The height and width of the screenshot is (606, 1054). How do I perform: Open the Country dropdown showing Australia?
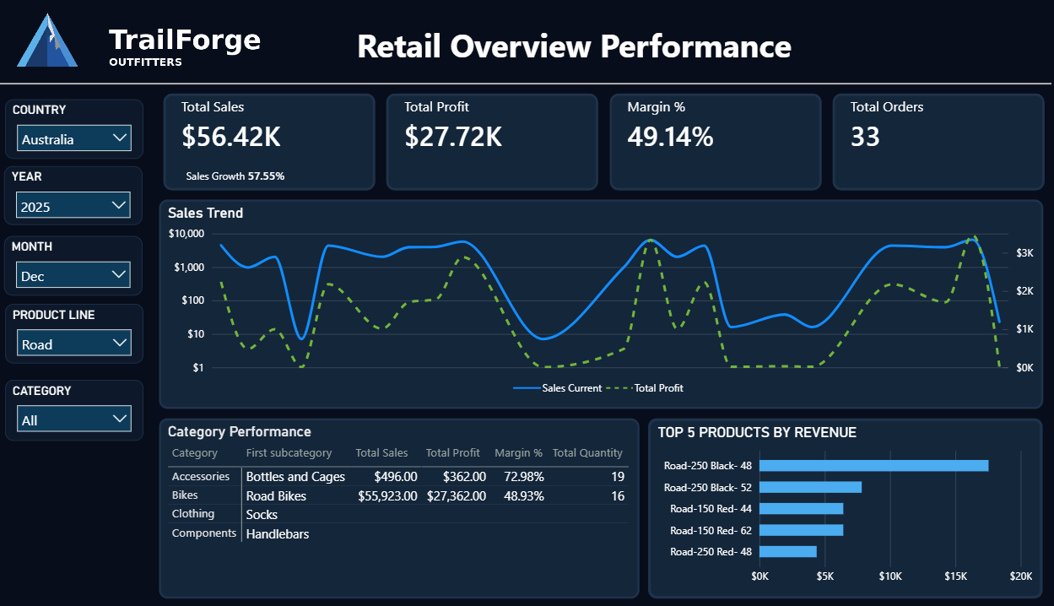pos(73,139)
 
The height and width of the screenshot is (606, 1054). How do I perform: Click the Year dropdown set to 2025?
pos(73,206)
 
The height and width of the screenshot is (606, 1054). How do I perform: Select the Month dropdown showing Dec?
pos(73,275)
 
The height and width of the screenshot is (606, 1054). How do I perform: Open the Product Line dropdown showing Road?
pos(73,344)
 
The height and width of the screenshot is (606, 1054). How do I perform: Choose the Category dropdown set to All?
pos(73,419)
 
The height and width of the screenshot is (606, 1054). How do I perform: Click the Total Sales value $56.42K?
pos(230,137)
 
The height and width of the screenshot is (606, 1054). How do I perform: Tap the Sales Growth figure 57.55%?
pos(266,176)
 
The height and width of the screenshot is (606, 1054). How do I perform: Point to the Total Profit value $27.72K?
pos(453,137)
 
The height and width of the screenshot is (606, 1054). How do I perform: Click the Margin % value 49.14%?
pos(670,137)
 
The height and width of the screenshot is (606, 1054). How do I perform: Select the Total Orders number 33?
pos(865,137)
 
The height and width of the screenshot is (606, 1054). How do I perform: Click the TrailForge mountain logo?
pos(47,41)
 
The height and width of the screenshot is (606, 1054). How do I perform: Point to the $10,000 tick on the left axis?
pos(186,234)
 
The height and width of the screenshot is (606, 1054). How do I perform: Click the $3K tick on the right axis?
pos(1024,252)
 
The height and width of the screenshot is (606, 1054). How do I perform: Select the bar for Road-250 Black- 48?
pos(873,465)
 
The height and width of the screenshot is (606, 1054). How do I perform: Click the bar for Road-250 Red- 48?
pos(787,551)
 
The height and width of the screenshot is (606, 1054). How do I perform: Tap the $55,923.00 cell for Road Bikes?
pos(387,495)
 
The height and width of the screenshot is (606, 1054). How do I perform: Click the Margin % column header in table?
pos(518,453)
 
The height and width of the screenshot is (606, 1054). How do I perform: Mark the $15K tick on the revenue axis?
pos(955,576)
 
